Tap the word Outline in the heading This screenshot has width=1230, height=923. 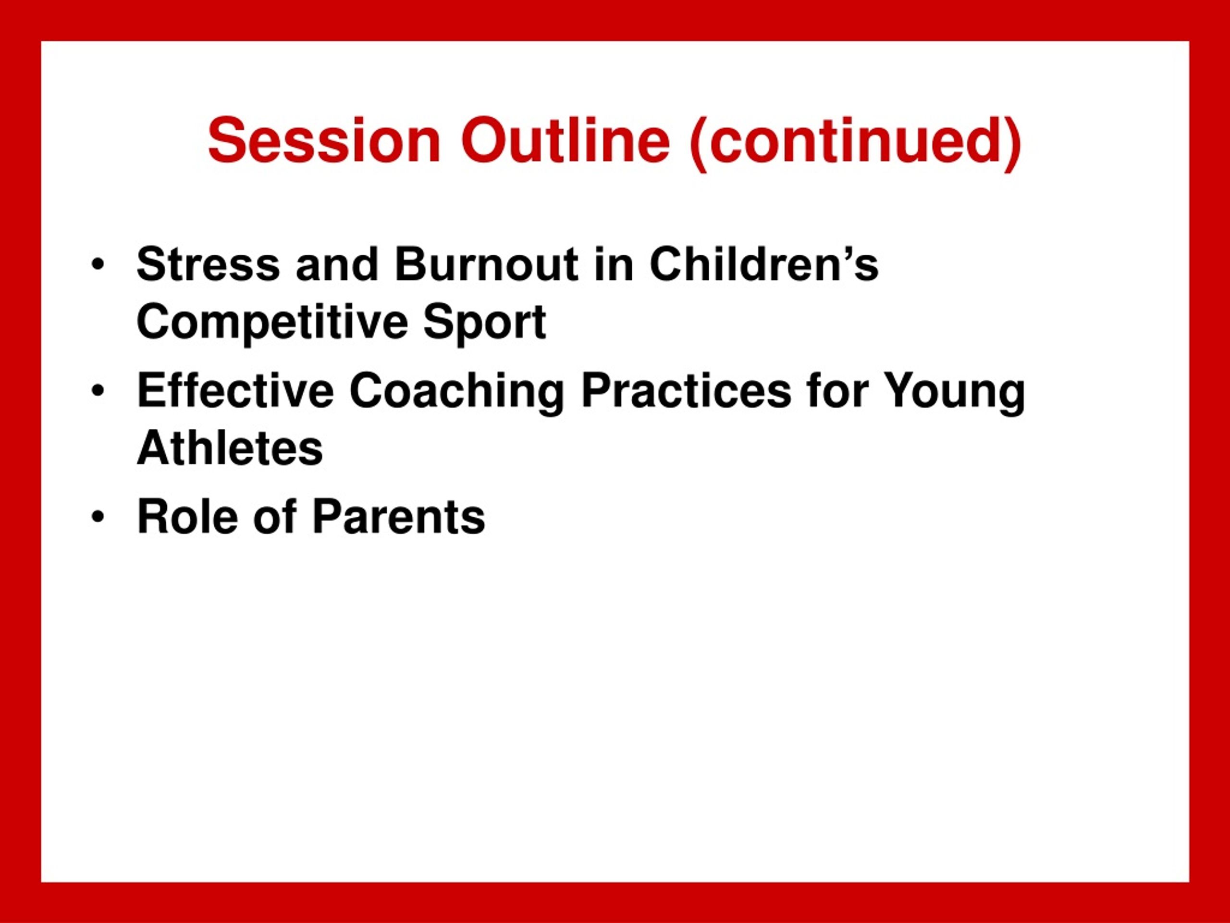566,141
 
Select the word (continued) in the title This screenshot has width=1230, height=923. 855,144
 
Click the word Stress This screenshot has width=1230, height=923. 209,264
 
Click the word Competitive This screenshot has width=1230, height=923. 272,323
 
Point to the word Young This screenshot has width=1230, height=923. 955,393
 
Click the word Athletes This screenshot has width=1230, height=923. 230,449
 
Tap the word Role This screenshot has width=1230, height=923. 187,517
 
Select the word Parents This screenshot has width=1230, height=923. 399,517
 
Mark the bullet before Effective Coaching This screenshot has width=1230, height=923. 98,391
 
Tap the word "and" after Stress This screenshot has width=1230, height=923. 337,264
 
